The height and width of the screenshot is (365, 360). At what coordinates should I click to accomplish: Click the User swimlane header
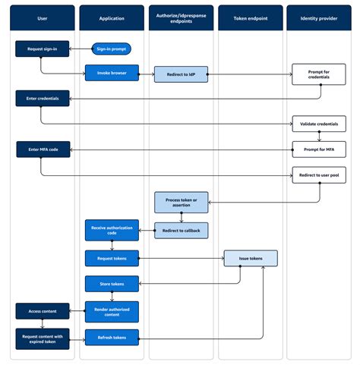(43, 17)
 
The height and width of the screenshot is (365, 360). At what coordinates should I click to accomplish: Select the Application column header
(112, 17)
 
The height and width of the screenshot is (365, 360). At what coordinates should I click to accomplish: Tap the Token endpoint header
(250, 17)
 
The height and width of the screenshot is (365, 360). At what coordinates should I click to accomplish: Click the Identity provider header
(319, 17)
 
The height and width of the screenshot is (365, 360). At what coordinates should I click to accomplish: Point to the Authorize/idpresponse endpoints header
(181, 17)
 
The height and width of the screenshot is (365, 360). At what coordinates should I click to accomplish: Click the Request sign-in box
(43, 49)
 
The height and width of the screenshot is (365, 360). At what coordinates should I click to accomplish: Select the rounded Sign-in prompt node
(112, 49)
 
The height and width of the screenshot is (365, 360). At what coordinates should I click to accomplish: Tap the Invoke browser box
(112, 74)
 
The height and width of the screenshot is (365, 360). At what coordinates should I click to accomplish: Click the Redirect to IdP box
(181, 74)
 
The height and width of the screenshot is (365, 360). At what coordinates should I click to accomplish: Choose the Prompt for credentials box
(319, 74)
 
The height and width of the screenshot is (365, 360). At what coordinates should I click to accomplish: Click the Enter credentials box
(43, 97)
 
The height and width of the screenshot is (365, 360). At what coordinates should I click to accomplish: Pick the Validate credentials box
(319, 123)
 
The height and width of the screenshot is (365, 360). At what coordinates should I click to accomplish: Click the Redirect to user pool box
(319, 174)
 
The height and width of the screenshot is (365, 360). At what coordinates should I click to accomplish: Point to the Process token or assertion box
(181, 203)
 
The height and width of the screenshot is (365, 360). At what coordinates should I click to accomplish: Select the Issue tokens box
(250, 258)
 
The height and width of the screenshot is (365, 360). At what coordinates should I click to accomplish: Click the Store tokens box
(112, 284)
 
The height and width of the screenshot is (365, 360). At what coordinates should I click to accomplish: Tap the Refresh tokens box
(112, 338)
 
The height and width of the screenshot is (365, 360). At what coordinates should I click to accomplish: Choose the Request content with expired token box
(43, 338)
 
